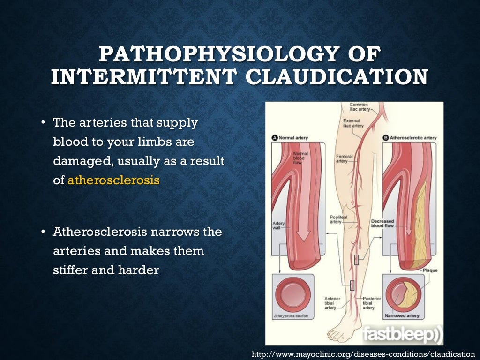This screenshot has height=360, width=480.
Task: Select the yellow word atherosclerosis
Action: [x=113, y=180]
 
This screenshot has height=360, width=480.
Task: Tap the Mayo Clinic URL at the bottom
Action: [x=363, y=354]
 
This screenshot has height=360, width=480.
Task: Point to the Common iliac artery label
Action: [x=359, y=107]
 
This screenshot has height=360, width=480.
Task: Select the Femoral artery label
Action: [x=345, y=158]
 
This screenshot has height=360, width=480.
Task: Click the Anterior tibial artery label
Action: [x=332, y=303]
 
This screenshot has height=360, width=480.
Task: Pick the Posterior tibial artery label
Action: [x=372, y=303]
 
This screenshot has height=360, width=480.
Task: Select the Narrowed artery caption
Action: [x=402, y=315]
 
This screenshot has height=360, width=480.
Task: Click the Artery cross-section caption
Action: [x=291, y=316]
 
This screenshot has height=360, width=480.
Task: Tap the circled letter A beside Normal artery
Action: [x=275, y=138]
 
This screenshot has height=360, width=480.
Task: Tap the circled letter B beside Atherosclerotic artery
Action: [x=386, y=138]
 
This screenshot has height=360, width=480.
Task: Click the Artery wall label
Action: [x=278, y=226]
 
